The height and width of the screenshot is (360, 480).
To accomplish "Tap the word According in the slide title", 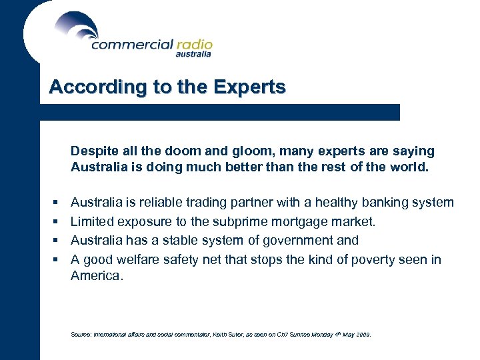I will tap(87, 87).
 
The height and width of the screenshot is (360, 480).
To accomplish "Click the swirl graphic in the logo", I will tap(77, 27).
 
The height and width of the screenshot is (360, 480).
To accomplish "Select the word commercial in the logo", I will tap(131, 45).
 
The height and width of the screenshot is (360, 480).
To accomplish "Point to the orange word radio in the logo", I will tap(194, 45).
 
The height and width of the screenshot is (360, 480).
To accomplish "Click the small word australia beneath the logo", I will tap(193, 55).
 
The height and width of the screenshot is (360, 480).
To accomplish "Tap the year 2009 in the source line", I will tap(363, 335).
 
